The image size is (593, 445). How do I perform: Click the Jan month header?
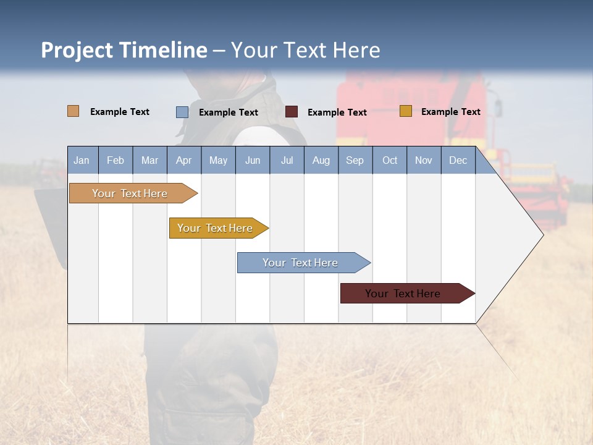pos(82,161)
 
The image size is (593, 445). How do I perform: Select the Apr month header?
pos(183,161)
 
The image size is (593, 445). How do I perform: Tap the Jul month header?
pos(287,161)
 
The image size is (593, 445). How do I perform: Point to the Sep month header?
pos(355,161)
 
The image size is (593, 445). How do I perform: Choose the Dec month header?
pos(458,161)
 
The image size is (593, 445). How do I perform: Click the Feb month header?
pos(116,161)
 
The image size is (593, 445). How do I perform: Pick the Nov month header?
pos(423,161)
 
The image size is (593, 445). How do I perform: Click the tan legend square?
pos(73,111)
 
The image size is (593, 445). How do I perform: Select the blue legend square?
pos(182,112)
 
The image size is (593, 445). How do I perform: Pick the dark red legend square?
pos(292,112)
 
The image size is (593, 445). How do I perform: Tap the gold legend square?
pos(405,111)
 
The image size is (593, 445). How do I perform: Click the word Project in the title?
pos(77,50)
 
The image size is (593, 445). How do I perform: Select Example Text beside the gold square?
pos(450,112)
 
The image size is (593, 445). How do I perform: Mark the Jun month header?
pos(252,161)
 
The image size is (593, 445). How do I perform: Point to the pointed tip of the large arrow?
pos(542,234)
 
